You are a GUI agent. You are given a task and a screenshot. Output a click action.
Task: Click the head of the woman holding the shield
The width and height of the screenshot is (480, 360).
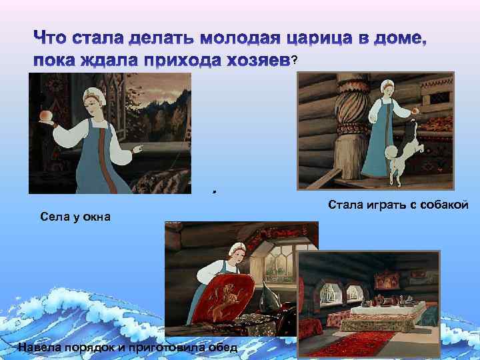(235, 251)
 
